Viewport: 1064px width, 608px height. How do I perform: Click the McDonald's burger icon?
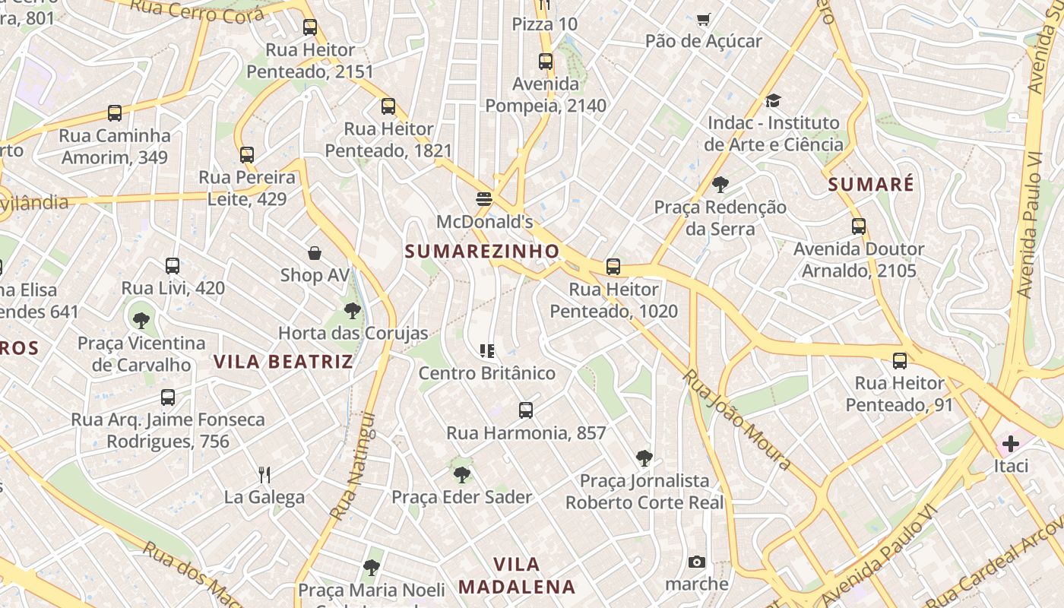pos(484,199)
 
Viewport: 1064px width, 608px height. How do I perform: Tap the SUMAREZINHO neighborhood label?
pos(482,251)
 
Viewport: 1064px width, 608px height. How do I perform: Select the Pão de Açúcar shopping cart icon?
pos(704,19)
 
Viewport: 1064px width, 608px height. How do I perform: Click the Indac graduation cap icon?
pos(773,100)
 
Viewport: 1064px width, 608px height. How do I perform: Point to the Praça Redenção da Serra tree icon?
pos(720,184)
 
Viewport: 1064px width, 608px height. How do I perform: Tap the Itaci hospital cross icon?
pos(1011,443)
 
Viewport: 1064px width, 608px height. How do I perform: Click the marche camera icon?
pos(696,562)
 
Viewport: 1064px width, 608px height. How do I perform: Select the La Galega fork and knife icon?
pos(264,475)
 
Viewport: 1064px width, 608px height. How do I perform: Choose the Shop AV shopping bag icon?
pos(315,252)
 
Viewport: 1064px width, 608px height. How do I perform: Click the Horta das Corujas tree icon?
pos(352,310)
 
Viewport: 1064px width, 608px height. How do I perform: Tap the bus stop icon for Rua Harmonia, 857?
pos(525,410)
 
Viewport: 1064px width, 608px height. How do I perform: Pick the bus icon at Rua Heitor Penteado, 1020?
pos(613,267)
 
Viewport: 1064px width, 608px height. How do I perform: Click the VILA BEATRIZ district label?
pos(283,361)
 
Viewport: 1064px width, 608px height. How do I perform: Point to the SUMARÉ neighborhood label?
pos(871,184)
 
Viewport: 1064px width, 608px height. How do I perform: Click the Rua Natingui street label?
pos(354,466)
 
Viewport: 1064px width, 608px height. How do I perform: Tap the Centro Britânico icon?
pos(487,350)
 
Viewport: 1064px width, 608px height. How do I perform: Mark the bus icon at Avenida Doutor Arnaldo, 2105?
pos(858,226)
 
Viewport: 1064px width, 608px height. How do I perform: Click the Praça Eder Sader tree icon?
pos(461,475)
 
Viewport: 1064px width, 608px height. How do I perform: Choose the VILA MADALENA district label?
pos(517,575)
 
